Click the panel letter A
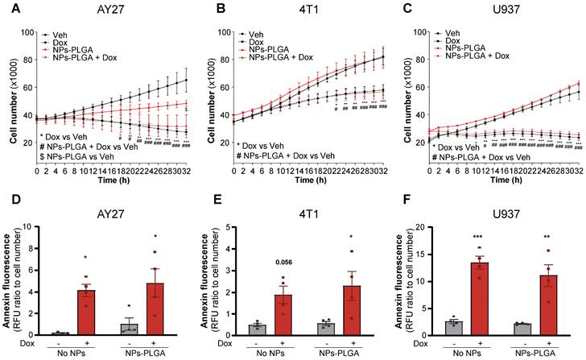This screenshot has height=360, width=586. click(8, 10)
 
